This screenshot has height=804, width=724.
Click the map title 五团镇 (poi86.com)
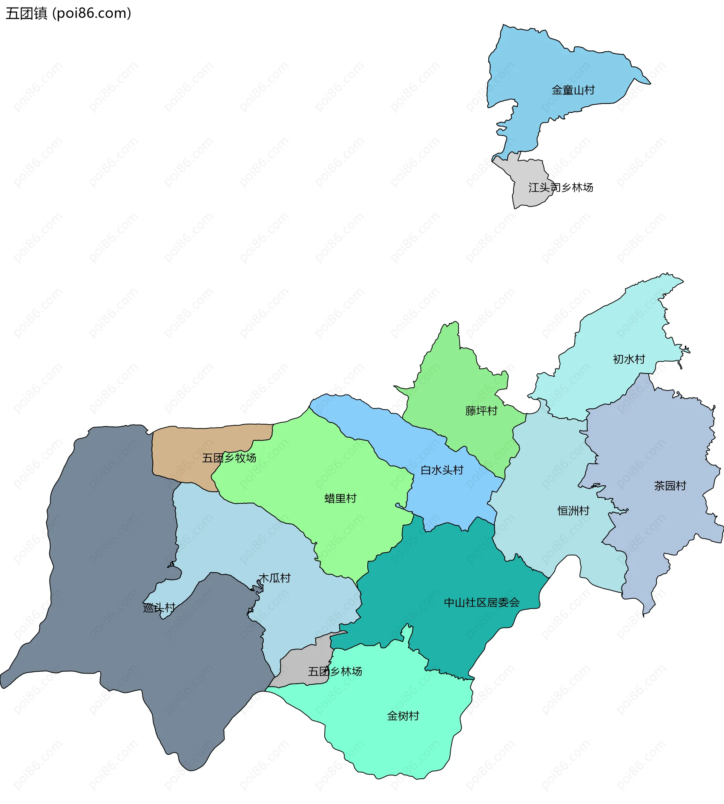[68, 14]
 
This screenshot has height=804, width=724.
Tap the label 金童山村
[573, 90]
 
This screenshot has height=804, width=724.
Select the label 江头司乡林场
[560, 187]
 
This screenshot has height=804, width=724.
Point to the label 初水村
[629, 359]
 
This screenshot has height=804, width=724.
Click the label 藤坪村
[481, 411]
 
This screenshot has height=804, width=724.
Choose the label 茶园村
[670, 486]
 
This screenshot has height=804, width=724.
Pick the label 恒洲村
[573, 511]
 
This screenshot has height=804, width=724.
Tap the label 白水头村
[442, 470]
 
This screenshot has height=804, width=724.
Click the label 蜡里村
[340, 498]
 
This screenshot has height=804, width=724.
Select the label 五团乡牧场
[229, 458]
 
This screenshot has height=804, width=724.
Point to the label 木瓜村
[275, 578]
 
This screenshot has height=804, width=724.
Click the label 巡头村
[159, 608]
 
